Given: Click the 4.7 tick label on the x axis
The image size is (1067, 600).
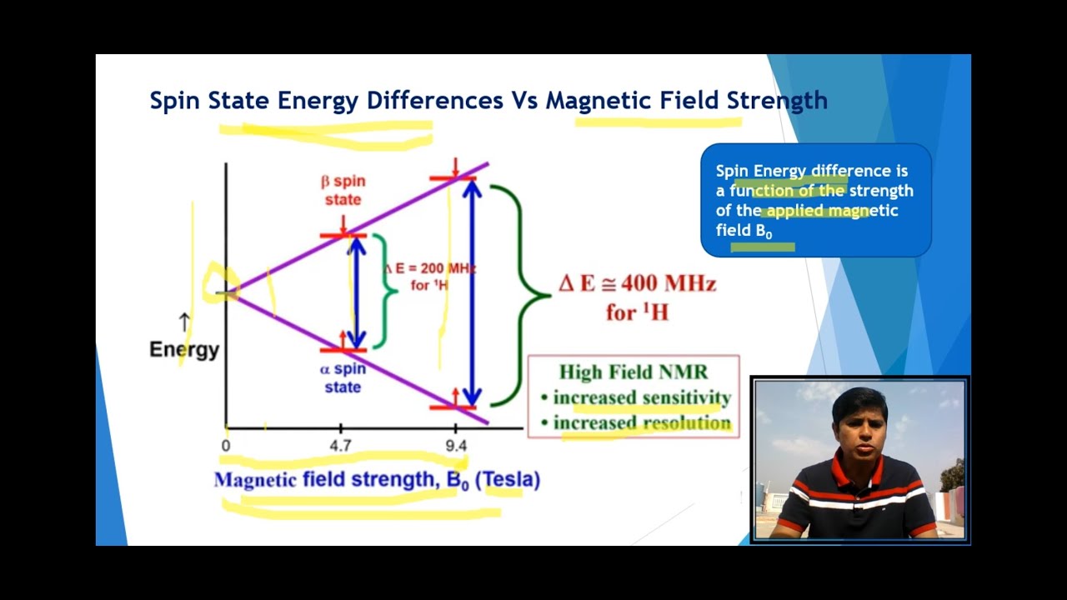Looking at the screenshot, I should click(x=340, y=446).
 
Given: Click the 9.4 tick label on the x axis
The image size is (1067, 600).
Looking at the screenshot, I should click(x=456, y=446).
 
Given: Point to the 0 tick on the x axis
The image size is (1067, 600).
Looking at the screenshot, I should click(x=226, y=446).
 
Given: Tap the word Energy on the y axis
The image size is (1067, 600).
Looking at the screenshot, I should click(x=184, y=350).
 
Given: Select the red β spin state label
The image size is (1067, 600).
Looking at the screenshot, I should click(x=343, y=191).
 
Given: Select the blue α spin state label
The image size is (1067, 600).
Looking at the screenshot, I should click(x=343, y=378).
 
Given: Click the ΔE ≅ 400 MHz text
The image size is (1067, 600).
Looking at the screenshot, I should click(x=637, y=284).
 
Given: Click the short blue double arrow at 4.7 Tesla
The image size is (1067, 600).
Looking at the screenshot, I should click(x=357, y=292).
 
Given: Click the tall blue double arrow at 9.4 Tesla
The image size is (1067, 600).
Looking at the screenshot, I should click(x=472, y=292).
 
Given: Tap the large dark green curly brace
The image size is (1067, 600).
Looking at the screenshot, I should click(x=521, y=295).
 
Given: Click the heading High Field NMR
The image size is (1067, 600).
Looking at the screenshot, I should click(x=634, y=372).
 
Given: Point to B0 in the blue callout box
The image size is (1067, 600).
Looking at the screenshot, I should click(x=764, y=232).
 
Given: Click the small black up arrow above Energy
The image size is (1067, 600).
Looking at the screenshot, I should click(x=184, y=322).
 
